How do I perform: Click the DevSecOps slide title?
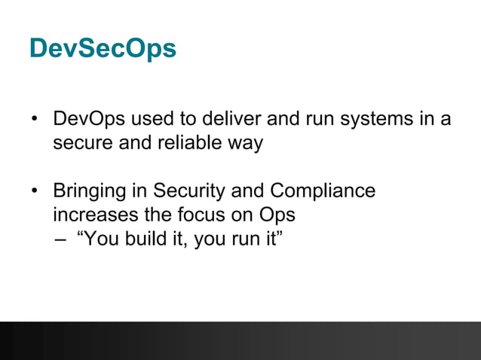tap(103, 48)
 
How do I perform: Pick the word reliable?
tap(188, 143)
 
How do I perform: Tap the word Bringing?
tap(95, 191)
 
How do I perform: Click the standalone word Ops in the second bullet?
tap(277, 215)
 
